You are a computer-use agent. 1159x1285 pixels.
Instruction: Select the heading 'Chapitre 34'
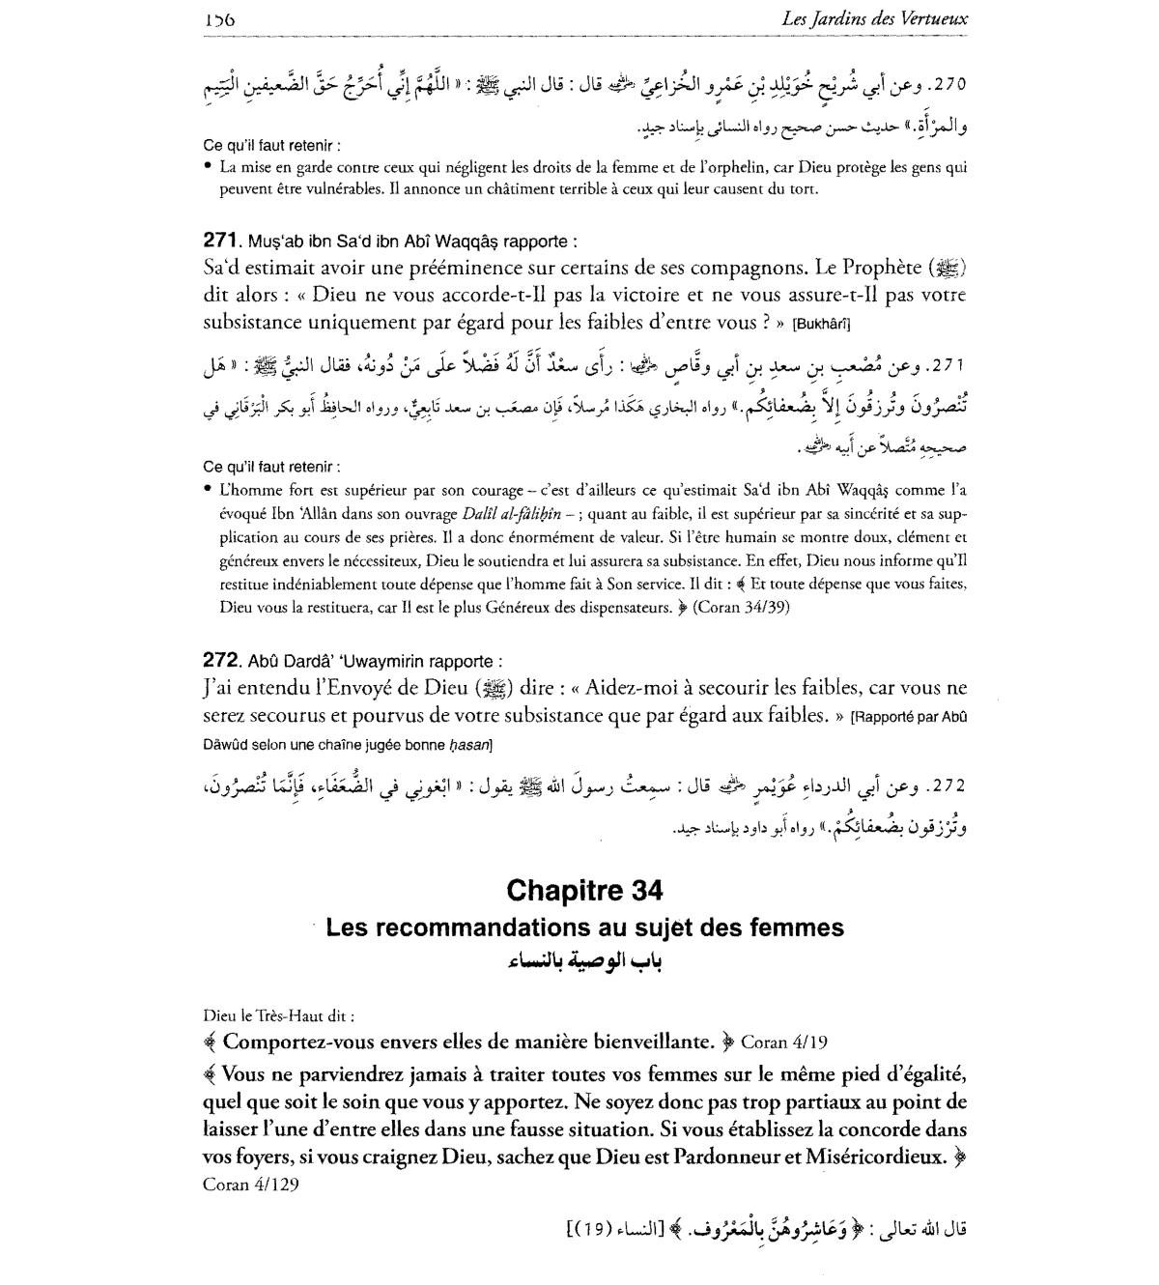tap(584, 889)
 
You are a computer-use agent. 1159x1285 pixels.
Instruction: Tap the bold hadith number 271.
tap(221, 241)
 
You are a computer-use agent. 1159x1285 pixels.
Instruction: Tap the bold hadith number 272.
tap(221, 661)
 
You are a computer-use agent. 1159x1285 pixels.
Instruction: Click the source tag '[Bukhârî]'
tap(822, 323)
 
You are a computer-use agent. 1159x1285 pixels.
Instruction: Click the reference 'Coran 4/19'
tap(783, 1042)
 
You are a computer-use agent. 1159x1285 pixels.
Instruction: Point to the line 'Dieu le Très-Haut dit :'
tap(279, 1015)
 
